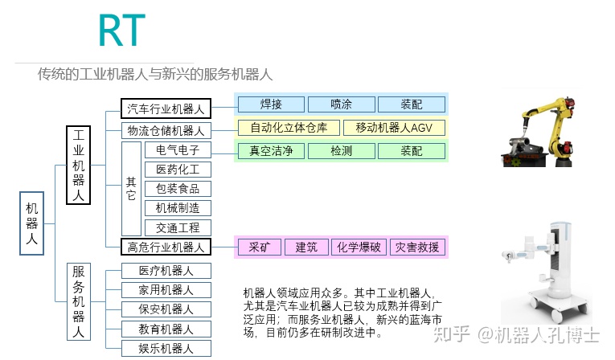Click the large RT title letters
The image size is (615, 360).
[x=122, y=31]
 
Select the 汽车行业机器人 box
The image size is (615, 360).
[x=166, y=108]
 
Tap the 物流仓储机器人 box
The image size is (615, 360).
[x=166, y=131]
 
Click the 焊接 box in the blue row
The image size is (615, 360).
[x=271, y=104]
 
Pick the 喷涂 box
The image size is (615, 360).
[x=341, y=104]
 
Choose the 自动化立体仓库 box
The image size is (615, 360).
[x=289, y=128]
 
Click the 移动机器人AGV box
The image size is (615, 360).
[x=394, y=128]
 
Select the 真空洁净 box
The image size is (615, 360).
[x=271, y=151]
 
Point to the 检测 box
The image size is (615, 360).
[x=341, y=151]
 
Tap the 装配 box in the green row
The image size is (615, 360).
[x=412, y=151]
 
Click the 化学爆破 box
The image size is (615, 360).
[x=359, y=247]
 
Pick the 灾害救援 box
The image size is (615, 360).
[x=417, y=247]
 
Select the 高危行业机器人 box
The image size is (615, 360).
[x=166, y=247]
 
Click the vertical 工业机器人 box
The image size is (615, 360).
[x=79, y=165]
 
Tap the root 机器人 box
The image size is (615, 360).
[x=32, y=223]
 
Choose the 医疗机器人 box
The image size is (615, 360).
[x=166, y=271]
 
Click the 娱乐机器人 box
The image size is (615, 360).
[x=166, y=349]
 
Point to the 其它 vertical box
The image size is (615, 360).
[x=131, y=189]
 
